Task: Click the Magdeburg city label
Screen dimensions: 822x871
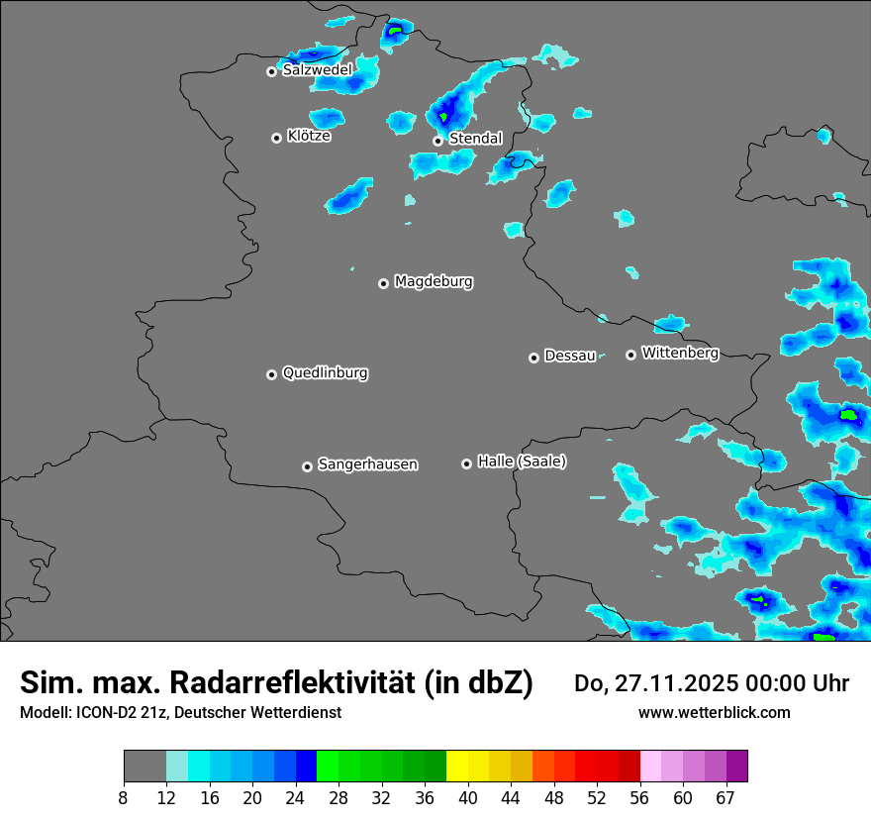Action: pyautogui.click(x=434, y=282)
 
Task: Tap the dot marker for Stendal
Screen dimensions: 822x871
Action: pyautogui.click(x=437, y=141)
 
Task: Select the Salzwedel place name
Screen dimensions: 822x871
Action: pyautogui.click(x=317, y=70)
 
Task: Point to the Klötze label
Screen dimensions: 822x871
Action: pyautogui.click(x=309, y=137)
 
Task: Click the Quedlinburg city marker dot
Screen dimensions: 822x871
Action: pyautogui.click(x=271, y=374)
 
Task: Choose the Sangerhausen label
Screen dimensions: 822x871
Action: pyautogui.click(x=367, y=464)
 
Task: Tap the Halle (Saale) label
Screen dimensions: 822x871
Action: pyautogui.click(x=522, y=462)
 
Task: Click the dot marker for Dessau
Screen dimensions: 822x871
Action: pyautogui.click(x=533, y=358)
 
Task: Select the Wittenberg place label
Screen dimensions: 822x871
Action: pyautogui.click(x=680, y=354)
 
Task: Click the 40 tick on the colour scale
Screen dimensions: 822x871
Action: pyautogui.click(x=468, y=798)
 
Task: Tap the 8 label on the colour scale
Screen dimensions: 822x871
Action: pyautogui.click(x=123, y=798)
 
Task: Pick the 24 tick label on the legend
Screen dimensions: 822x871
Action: pyautogui.click(x=295, y=798)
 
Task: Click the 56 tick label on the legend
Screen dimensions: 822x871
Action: pyautogui.click(x=640, y=798)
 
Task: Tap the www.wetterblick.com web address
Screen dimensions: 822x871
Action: pyautogui.click(x=715, y=713)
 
